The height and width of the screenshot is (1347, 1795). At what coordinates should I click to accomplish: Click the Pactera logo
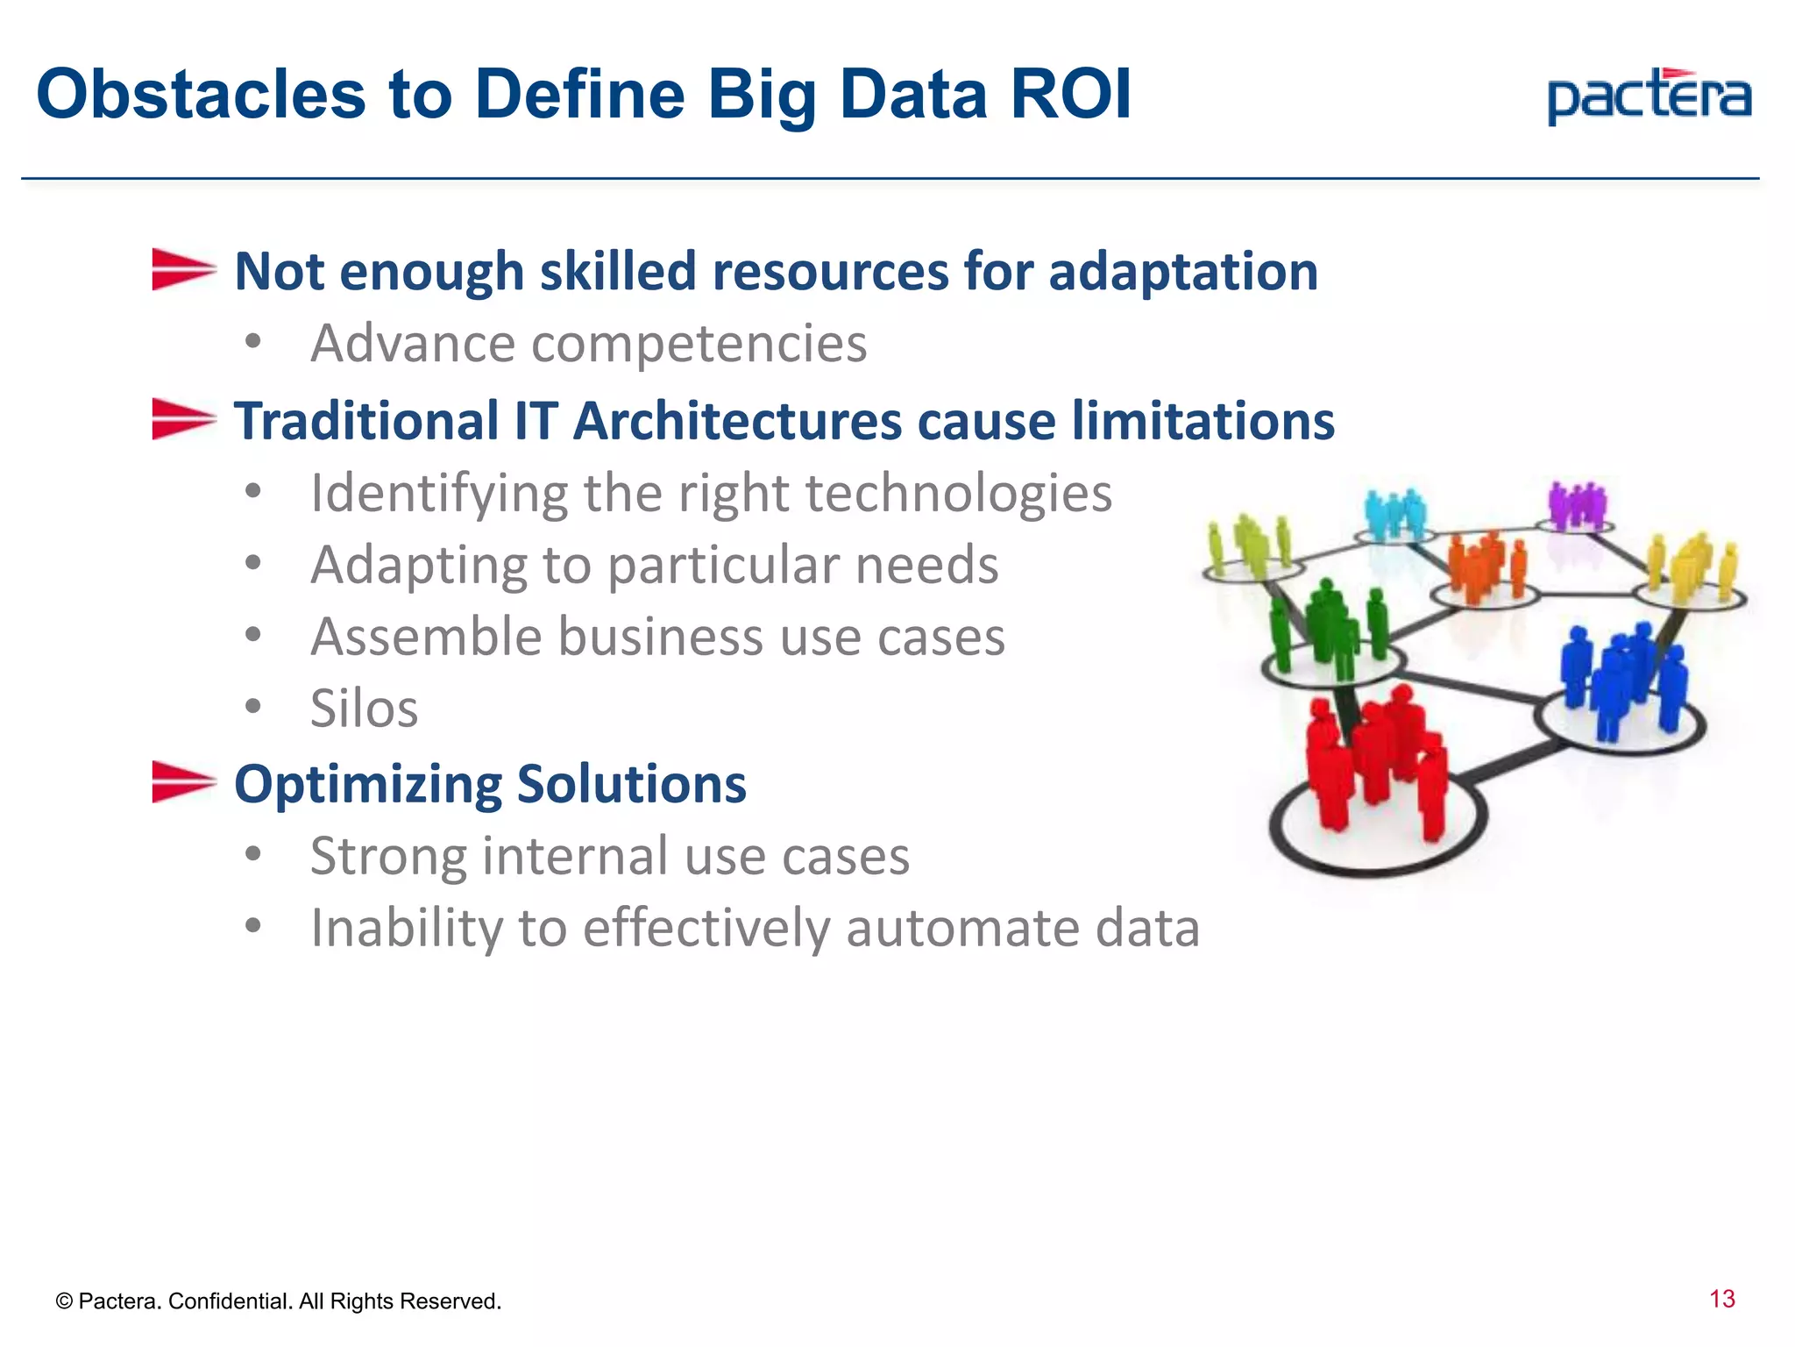tap(1649, 96)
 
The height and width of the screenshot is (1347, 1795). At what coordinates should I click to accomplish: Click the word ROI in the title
tap(1071, 95)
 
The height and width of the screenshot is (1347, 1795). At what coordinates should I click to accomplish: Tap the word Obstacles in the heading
tap(201, 95)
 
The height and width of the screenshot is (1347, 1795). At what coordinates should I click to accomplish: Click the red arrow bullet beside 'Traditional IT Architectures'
tap(182, 418)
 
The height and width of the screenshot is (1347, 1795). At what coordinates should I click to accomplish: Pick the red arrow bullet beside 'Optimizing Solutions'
tap(182, 781)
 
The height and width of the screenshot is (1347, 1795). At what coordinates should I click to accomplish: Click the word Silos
tap(364, 708)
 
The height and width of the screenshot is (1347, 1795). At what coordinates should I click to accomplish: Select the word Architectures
tap(738, 420)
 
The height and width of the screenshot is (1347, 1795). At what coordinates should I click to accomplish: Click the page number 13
tap(1721, 1299)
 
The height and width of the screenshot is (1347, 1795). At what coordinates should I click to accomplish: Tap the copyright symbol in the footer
tap(63, 1301)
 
